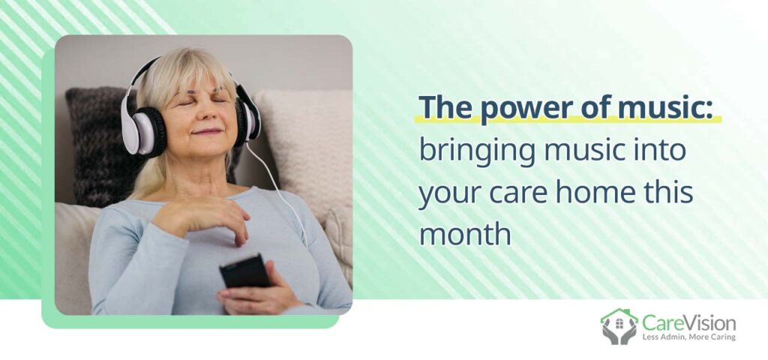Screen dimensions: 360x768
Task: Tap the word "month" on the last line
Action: pos(465,234)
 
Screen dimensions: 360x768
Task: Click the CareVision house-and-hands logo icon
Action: pos(619,326)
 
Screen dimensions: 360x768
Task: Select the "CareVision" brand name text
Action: pos(688,323)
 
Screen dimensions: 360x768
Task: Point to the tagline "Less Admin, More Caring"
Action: pos(688,337)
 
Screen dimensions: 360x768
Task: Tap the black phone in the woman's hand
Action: pos(244,271)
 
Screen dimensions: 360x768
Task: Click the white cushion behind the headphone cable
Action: pos(307,150)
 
